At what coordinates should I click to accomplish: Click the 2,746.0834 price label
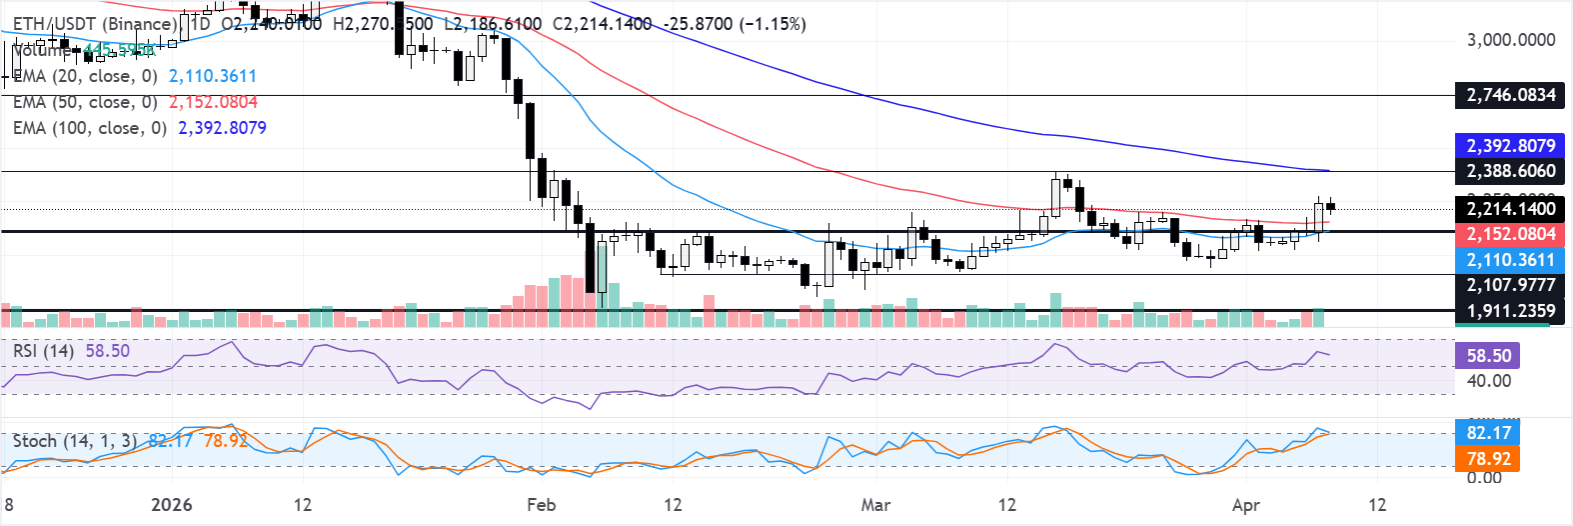tap(1510, 95)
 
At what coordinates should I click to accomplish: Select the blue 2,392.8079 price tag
tap(1510, 146)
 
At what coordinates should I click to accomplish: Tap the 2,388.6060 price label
tap(1510, 171)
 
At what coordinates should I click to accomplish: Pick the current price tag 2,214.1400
tap(1510, 209)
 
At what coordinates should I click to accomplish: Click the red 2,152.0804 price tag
tap(1510, 234)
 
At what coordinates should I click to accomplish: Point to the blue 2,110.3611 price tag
tap(1510, 260)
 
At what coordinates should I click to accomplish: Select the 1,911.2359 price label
tap(1510, 311)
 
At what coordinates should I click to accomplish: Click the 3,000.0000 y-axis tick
tap(1510, 40)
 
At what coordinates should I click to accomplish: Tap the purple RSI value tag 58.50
tap(1488, 356)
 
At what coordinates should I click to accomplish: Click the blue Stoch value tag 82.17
tap(1488, 433)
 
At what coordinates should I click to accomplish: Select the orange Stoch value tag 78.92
tap(1488, 459)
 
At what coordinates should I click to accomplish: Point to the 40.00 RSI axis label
tap(1488, 381)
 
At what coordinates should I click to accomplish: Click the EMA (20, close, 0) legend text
tap(85, 76)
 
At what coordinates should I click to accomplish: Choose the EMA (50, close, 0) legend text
tap(85, 102)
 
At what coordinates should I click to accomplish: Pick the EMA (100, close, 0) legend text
tap(90, 128)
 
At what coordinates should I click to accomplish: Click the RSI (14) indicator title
tap(43, 351)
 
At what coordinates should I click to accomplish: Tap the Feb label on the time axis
tap(541, 505)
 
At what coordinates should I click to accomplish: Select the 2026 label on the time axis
tap(171, 505)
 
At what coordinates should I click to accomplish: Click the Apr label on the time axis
tap(1245, 505)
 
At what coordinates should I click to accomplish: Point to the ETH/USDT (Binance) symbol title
tap(94, 24)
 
